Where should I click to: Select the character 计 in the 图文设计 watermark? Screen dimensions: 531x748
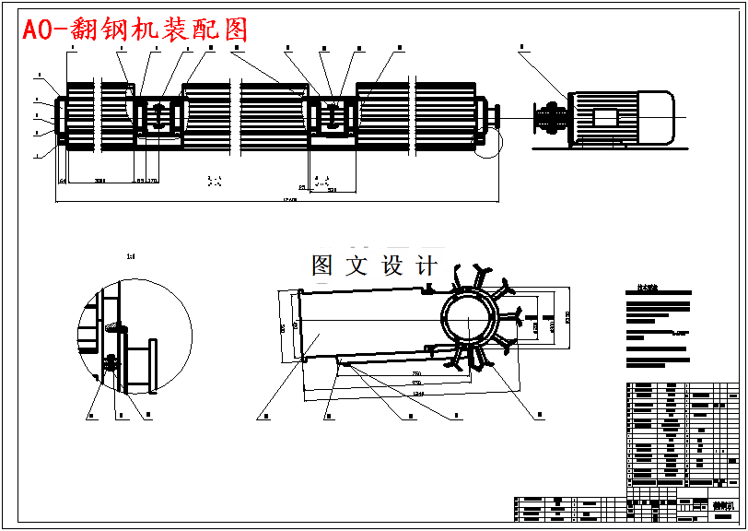pyautogui.click(x=427, y=266)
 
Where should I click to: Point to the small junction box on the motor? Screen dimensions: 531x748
pyautogui.click(x=605, y=117)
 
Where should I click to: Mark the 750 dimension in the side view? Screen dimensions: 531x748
pyautogui.click(x=416, y=373)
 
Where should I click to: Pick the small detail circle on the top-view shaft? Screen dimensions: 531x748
pyautogui.click(x=488, y=143)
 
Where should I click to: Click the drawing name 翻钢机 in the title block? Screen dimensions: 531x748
pyautogui.click(x=722, y=506)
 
